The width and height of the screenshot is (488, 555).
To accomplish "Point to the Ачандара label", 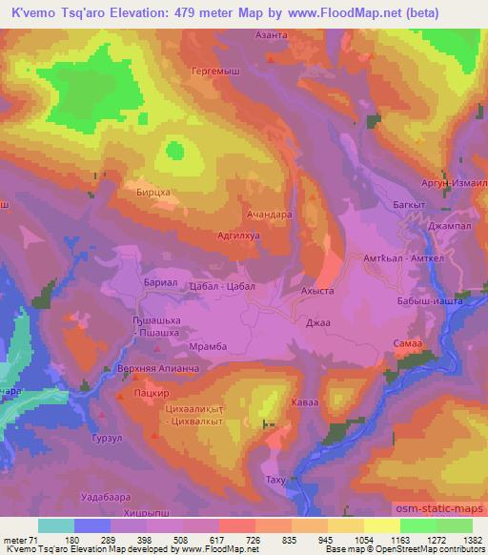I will pos(269,215).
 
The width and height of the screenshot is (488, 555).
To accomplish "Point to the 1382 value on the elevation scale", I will pos(471,539).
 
